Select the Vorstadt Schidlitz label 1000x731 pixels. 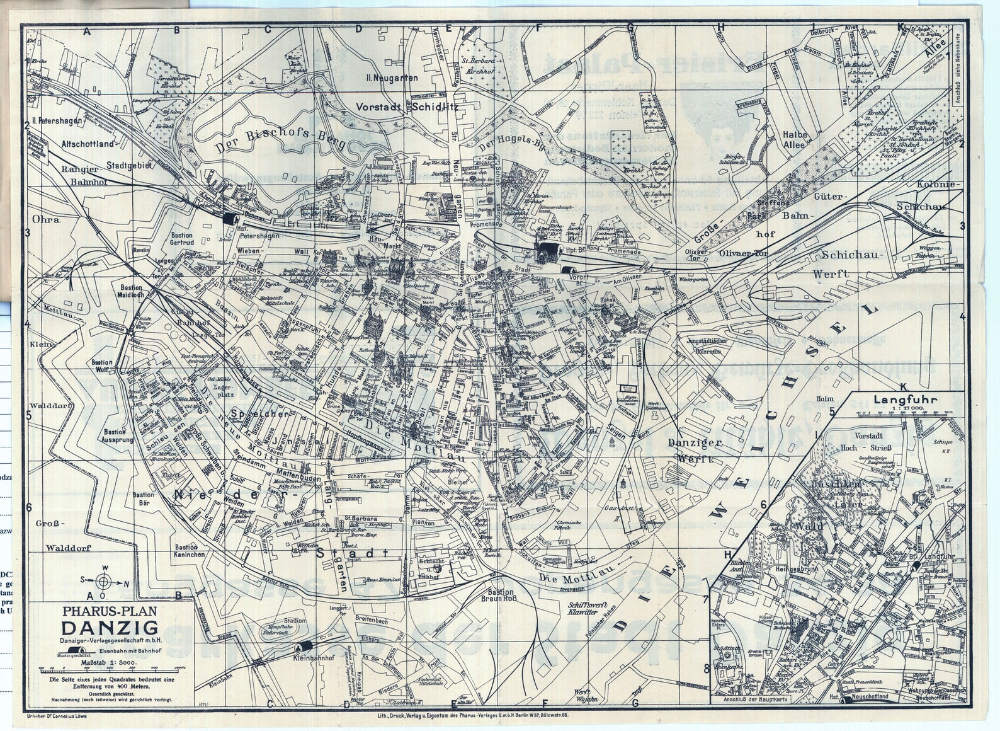pos(406,107)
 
